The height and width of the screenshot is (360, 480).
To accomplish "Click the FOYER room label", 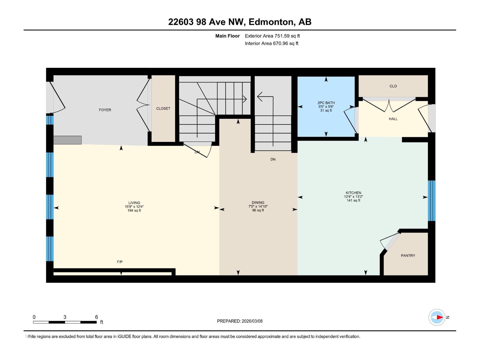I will [105, 110].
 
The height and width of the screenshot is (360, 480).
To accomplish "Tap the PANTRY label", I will [408, 256].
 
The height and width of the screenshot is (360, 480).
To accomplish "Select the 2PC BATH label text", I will [326, 103].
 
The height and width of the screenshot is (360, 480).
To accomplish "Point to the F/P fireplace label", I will [120, 262].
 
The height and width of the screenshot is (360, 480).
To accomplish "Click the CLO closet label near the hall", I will [393, 86].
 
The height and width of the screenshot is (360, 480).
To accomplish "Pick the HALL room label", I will [393, 119].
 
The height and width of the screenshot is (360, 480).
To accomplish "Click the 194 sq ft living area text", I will [134, 211].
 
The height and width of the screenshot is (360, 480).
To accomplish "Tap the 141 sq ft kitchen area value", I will [353, 200].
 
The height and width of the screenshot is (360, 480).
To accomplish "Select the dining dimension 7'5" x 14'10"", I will [258, 206].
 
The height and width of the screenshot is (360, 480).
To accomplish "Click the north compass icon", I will [437, 317].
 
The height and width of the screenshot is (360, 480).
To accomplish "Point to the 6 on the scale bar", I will [96, 317].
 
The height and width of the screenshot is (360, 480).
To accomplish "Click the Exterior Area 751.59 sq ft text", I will [272, 36].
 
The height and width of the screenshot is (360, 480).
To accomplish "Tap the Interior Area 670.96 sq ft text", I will [271, 43].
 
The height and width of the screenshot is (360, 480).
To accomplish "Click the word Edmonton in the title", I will [271, 22].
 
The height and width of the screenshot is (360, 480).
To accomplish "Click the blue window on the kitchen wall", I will [431, 200].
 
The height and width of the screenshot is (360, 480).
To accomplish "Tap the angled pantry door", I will [391, 242].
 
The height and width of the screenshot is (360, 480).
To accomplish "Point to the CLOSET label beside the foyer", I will [163, 109].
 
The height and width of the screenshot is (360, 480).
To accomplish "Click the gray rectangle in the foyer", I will [67, 140].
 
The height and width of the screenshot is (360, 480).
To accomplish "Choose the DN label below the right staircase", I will [273, 160].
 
